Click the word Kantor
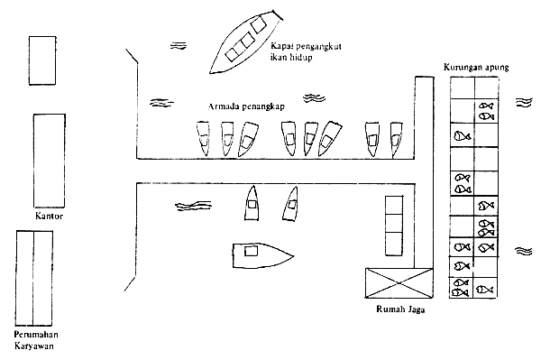click(x=49, y=216)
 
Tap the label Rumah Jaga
click(x=400, y=309)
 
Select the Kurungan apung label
click(x=476, y=67)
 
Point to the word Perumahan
click(x=36, y=335)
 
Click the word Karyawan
click(x=34, y=346)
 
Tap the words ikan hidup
click(x=291, y=57)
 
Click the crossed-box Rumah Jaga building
click(x=399, y=282)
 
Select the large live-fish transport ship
click(x=245, y=42)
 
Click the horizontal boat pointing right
click(x=263, y=255)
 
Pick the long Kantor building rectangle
click(x=49, y=161)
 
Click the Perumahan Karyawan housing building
click(x=34, y=278)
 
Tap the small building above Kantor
click(x=42, y=60)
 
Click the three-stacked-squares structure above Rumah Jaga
click(x=394, y=226)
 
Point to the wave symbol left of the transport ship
click(x=179, y=45)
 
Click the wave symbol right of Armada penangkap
click(x=314, y=98)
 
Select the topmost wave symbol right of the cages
click(x=524, y=102)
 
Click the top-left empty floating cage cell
click(x=463, y=88)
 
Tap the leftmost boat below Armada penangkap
click(x=203, y=138)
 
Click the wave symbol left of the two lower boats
click(x=193, y=206)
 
